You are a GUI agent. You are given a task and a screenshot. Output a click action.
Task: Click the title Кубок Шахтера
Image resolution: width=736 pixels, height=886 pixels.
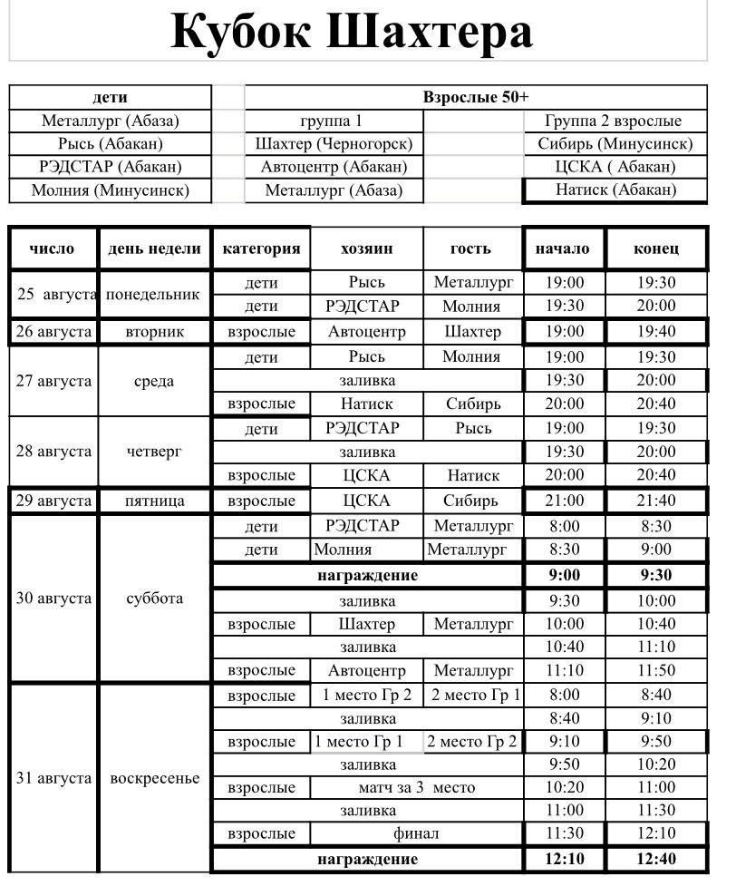352,33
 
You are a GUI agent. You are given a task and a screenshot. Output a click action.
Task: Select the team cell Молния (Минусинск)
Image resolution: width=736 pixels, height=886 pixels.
110,190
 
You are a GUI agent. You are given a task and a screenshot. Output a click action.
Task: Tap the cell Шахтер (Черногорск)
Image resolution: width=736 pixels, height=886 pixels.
334,143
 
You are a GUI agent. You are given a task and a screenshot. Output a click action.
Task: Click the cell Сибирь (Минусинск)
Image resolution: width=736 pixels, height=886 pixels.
615,143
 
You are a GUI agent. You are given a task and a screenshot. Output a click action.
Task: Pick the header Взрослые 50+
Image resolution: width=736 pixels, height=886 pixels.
475,97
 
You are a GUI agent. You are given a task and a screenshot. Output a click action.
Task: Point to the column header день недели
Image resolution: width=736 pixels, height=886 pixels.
154,248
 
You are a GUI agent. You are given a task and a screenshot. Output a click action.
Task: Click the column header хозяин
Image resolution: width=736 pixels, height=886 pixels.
366,248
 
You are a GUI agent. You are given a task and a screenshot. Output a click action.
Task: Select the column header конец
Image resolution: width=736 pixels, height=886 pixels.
655,248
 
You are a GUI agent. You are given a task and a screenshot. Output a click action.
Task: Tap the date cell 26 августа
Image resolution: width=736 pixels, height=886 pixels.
53,332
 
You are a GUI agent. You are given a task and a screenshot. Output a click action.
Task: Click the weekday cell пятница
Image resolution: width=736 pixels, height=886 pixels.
154,501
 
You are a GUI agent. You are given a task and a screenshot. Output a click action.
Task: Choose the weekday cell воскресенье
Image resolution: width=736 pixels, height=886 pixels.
154,778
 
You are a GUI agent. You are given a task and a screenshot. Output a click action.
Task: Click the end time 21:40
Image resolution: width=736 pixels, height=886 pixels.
655,501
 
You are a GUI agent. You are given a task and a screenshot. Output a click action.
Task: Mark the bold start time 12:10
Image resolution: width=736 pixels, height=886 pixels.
565,859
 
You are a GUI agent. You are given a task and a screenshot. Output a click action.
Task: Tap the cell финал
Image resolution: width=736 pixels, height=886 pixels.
416,833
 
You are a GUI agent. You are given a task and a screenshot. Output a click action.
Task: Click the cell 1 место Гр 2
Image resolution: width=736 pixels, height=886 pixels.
366,696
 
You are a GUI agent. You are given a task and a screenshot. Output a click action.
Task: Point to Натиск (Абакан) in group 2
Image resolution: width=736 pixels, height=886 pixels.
615,190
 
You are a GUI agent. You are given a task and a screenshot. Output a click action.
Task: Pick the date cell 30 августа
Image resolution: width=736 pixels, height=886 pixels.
53,598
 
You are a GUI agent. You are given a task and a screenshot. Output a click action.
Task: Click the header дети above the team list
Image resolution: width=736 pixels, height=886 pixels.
110,97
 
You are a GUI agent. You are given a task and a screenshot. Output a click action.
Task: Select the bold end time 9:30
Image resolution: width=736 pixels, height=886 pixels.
655,575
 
